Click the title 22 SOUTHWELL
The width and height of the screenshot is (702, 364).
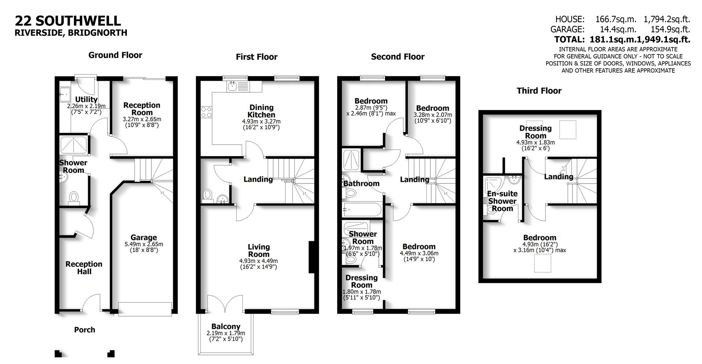(68, 20)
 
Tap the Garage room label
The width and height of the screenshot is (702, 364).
(144, 237)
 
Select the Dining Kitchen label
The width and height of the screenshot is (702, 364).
(261, 111)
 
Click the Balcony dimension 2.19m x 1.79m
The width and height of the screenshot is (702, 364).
(226, 333)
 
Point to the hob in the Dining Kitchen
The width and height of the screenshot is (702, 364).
(206, 112)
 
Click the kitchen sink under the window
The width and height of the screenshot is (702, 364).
(231, 87)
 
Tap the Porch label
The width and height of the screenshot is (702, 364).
(84, 330)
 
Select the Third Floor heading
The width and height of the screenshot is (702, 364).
(539, 91)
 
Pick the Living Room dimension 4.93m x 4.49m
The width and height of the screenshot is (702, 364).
(258, 261)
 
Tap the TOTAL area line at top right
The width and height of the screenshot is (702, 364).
(622, 39)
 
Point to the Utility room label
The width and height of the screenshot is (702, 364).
(86, 99)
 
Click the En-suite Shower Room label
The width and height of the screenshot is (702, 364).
(502, 201)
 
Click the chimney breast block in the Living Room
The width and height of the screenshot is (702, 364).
(312, 257)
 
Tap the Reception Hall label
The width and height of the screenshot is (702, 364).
(84, 268)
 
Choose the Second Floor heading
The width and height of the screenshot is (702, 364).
(397, 57)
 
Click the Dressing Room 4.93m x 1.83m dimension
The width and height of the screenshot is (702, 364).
(535, 142)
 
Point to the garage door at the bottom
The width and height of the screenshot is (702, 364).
(145, 309)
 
